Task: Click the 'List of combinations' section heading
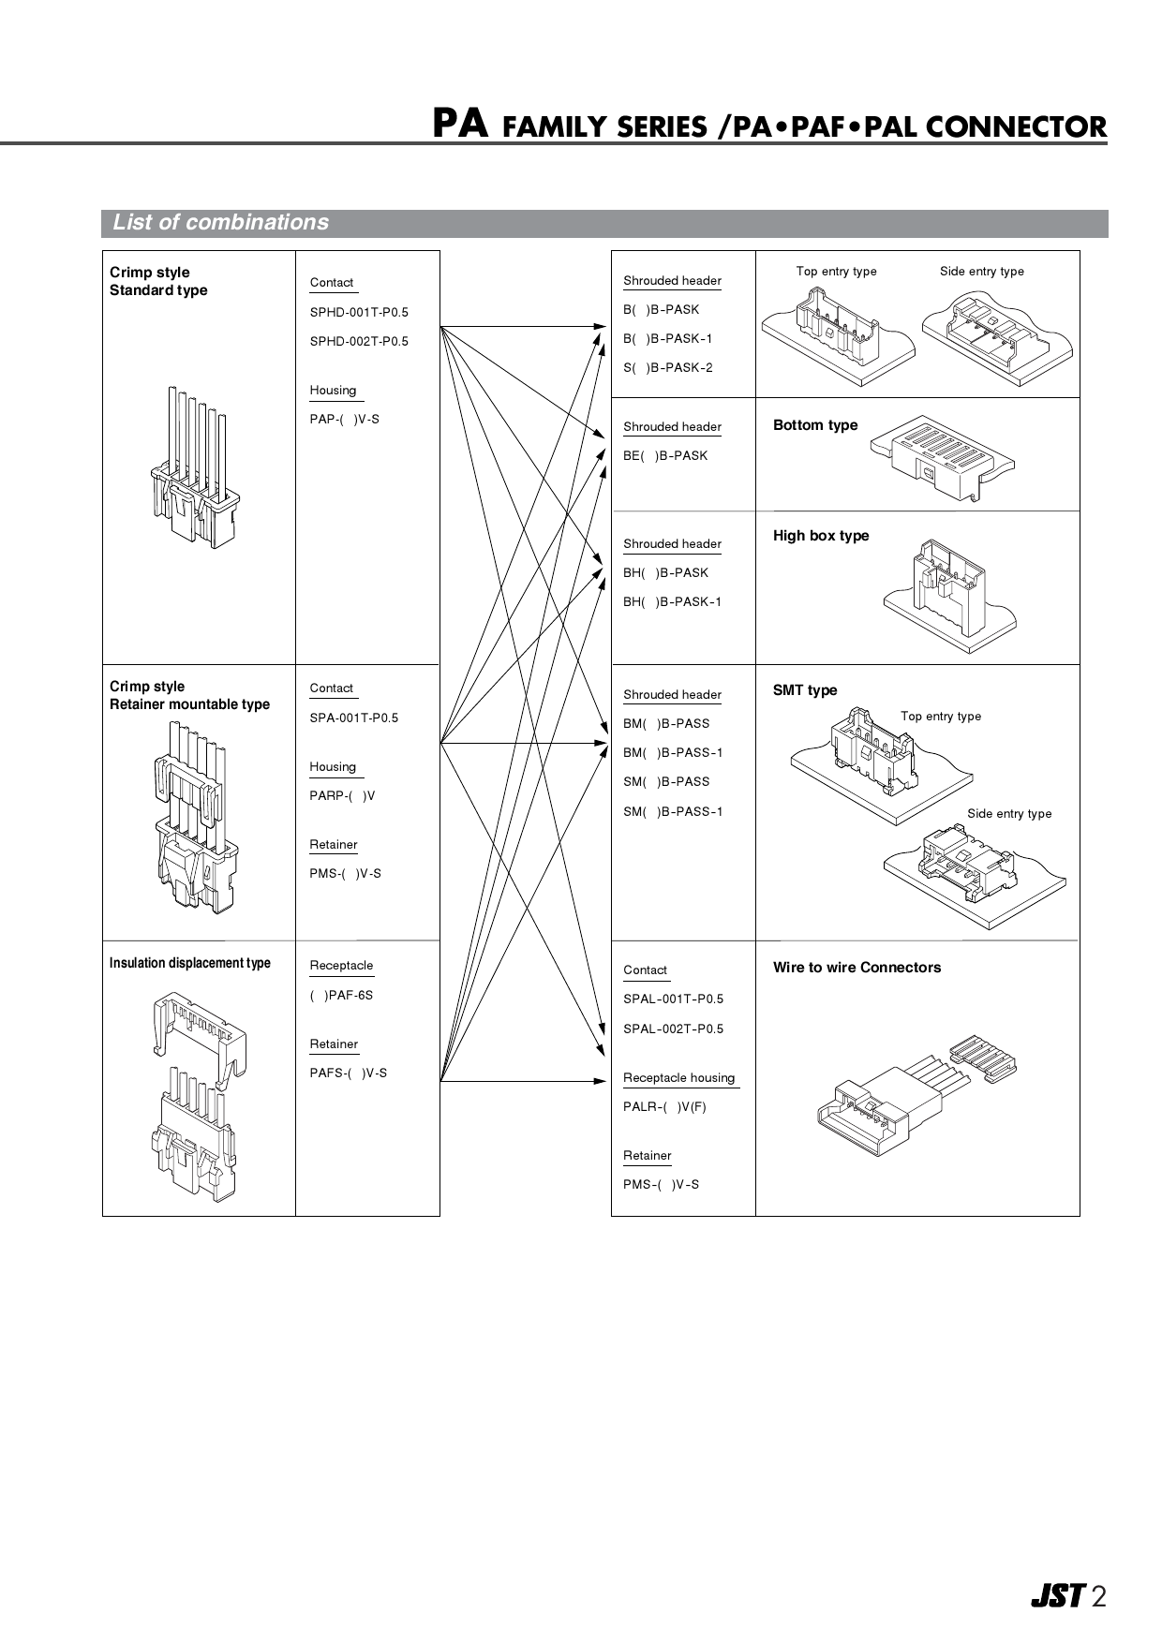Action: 220,223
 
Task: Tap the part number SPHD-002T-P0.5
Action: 359,342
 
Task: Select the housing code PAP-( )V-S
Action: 344,420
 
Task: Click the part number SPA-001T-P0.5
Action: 353,718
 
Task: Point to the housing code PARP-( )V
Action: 342,796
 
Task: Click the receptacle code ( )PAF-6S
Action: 341,996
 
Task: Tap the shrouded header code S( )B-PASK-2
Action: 667,368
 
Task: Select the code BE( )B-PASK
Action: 665,456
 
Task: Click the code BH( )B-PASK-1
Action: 672,602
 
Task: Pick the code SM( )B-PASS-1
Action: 673,812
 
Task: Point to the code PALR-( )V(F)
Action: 664,1107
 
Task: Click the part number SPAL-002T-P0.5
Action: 673,1029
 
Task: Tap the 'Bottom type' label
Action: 814,425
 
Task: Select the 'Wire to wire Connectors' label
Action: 857,968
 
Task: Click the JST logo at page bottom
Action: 1057,1596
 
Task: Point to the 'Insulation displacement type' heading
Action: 189,964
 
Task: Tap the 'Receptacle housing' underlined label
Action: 678,1078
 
